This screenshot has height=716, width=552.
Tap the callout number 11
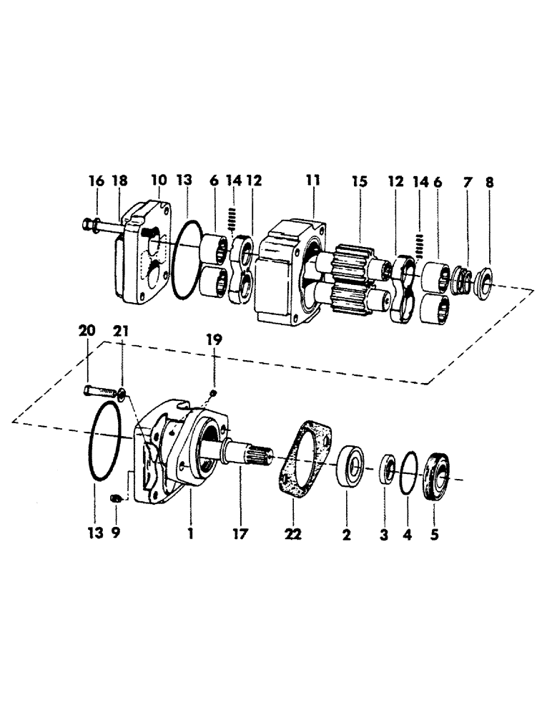pos(312,183)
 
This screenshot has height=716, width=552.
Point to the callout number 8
pos(490,183)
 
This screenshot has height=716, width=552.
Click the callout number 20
pos(87,331)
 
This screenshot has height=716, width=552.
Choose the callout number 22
pos(294,535)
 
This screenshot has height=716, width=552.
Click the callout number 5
pos(433,535)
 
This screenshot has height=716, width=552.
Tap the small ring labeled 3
pos(387,469)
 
